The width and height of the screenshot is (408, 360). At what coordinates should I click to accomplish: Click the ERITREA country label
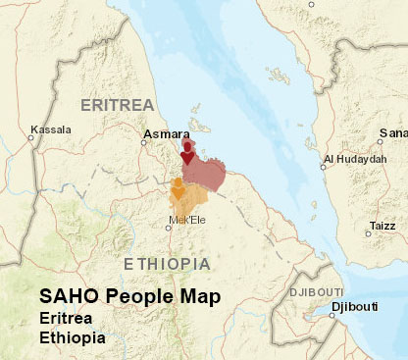click(x=118, y=104)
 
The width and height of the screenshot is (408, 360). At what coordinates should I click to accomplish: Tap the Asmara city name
click(x=160, y=133)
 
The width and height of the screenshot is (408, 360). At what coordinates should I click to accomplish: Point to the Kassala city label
click(x=51, y=129)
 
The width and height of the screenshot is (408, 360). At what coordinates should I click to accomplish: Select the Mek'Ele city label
click(x=183, y=221)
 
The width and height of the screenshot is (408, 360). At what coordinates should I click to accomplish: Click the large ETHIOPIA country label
click(x=167, y=264)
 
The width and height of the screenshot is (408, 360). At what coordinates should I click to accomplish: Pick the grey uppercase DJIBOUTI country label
click(x=316, y=292)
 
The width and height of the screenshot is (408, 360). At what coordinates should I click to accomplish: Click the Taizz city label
click(x=382, y=226)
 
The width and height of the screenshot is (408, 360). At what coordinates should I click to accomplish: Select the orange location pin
click(x=178, y=188)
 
